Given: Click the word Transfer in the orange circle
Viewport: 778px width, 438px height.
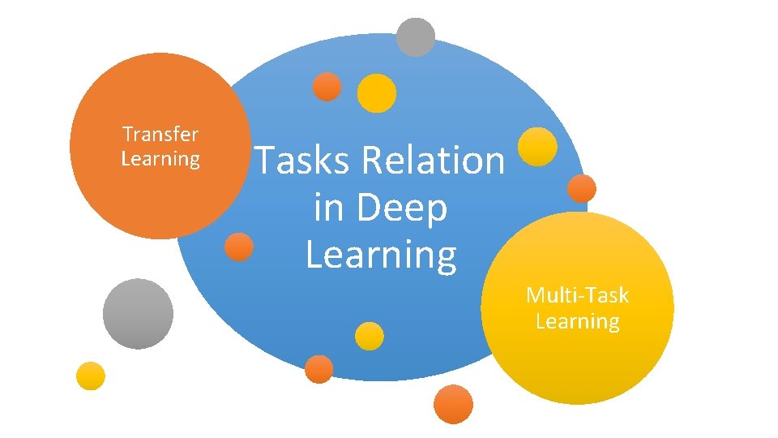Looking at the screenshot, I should point(160,134).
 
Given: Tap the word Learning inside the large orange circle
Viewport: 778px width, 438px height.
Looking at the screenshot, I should point(160,158).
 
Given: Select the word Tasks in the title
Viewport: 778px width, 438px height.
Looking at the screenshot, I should point(303,160).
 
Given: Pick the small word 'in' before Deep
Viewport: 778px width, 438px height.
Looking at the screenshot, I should point(329,208).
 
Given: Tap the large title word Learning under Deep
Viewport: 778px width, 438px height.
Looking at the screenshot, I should point(381,254).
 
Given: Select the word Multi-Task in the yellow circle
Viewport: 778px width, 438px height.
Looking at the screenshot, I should point(577,295).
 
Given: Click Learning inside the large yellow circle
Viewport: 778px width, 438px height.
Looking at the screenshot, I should point(577,321).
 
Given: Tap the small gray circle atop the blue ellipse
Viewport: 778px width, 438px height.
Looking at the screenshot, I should point(416,37).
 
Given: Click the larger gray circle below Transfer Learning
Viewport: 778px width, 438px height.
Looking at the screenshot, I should point(138,313).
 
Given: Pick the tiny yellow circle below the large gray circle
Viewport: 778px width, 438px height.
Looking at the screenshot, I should point(91,376).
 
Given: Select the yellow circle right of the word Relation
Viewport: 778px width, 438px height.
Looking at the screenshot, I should point(537,147).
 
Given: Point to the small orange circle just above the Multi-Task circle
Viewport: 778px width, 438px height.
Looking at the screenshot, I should point(581,188).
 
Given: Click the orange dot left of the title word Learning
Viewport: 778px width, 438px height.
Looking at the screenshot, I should point(238,247).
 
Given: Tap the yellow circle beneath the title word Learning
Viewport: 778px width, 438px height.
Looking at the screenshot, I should point(370,336).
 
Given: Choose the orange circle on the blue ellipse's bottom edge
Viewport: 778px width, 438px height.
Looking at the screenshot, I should point(319,369).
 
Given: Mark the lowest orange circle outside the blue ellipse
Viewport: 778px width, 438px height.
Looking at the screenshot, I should point(453,403).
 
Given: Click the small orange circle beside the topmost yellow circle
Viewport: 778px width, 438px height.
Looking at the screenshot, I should point(327,87).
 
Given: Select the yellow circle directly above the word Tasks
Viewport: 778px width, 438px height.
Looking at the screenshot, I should point(377,93).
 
